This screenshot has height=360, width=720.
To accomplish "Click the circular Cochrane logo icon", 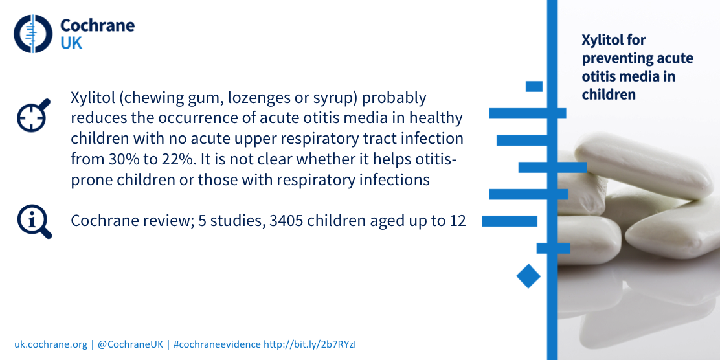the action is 33,34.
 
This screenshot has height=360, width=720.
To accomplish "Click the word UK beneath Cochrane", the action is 71,43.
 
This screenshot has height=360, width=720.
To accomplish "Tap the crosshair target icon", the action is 34,115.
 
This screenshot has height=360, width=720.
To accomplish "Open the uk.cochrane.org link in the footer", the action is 50,344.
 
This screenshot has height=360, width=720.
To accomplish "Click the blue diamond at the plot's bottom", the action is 528,276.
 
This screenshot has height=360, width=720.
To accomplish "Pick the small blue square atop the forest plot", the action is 534,86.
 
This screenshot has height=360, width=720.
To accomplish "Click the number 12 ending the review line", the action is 458,221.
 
